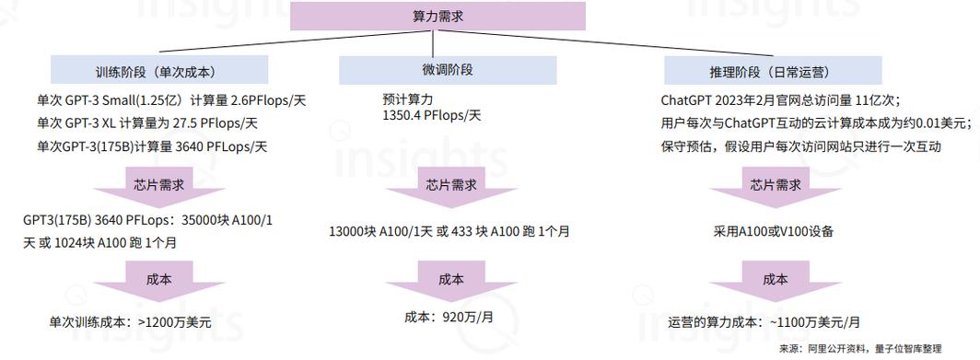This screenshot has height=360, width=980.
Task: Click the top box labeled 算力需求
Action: click(x=437, y=17)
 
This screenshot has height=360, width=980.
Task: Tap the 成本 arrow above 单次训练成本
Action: click(x=158, y=280)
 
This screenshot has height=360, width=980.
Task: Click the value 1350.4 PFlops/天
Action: click(x=432, y=116)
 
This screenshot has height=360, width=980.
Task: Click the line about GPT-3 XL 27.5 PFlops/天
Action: click(x=147, y=122)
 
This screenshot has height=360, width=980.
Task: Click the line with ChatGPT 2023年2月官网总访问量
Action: click(x=780, y=99)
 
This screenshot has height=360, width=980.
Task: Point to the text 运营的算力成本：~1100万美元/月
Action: click(x=764, y=322)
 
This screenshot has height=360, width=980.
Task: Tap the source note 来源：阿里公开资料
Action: click(x=859, y=349)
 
